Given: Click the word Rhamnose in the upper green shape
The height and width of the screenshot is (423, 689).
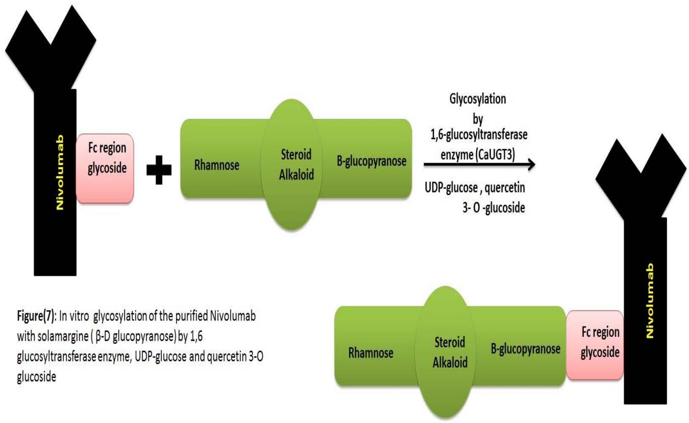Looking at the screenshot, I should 217,165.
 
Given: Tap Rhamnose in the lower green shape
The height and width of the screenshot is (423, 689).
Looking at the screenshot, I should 371,353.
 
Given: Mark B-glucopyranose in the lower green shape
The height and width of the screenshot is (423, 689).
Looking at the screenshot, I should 526,349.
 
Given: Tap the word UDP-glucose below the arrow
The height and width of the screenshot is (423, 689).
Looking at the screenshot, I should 450,189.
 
